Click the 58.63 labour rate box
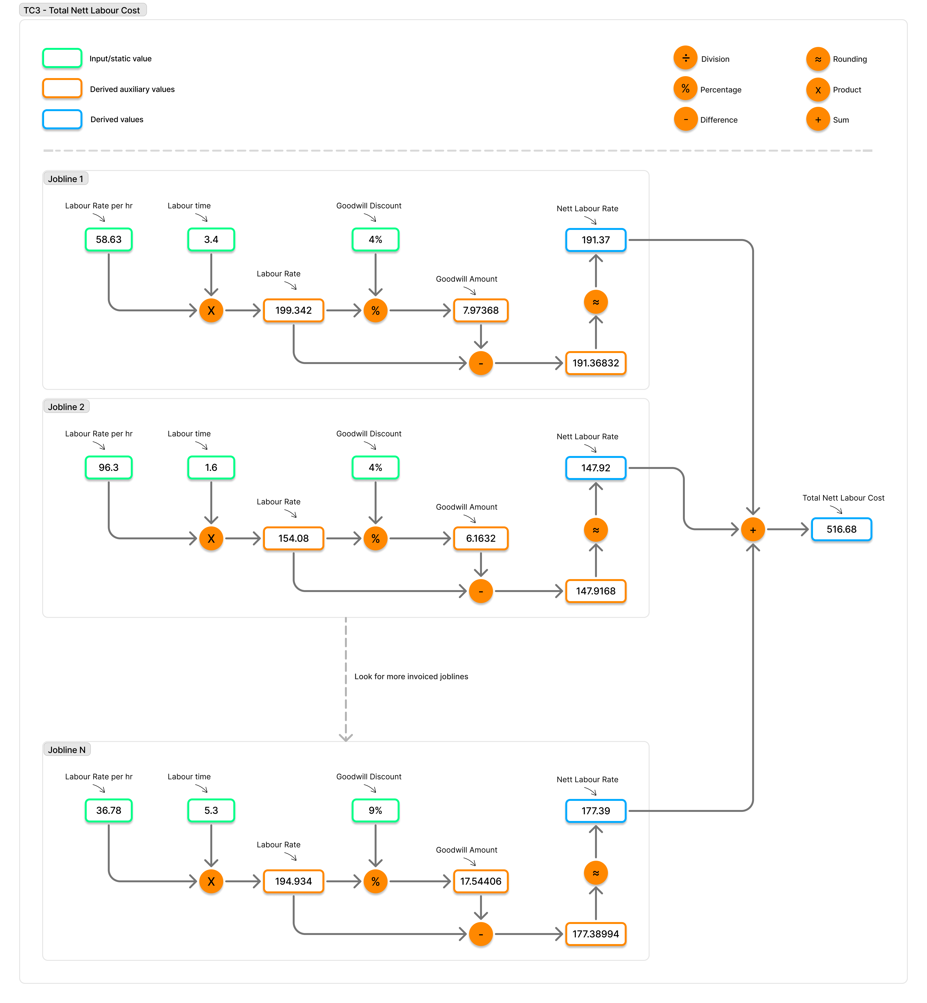pos(108,240)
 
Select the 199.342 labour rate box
pos(293,310)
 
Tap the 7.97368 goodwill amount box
pos(481,310)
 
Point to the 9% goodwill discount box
pos(375,810)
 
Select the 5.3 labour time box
pos(211,810)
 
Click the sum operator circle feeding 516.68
pos(753,530)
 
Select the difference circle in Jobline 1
pos(481,363)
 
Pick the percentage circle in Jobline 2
pos(375,539)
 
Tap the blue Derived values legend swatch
pos(62,119)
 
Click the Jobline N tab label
pos(67,750)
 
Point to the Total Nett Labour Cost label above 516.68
pos(843,498)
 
